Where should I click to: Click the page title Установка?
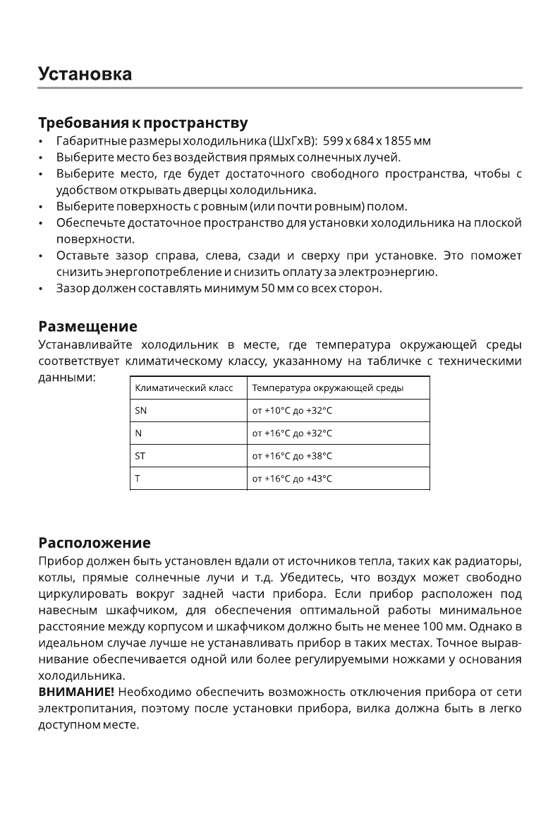tap(85, 73)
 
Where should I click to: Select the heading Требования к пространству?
tap(142, 124)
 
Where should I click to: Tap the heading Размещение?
tap(87, 327)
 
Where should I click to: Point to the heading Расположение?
tap(94, 543)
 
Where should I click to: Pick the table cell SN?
tap(141, 411)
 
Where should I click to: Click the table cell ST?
tap(140, 456)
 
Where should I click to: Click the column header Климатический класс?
tap(183, 388)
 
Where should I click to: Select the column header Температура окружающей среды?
tap(327, 388)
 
